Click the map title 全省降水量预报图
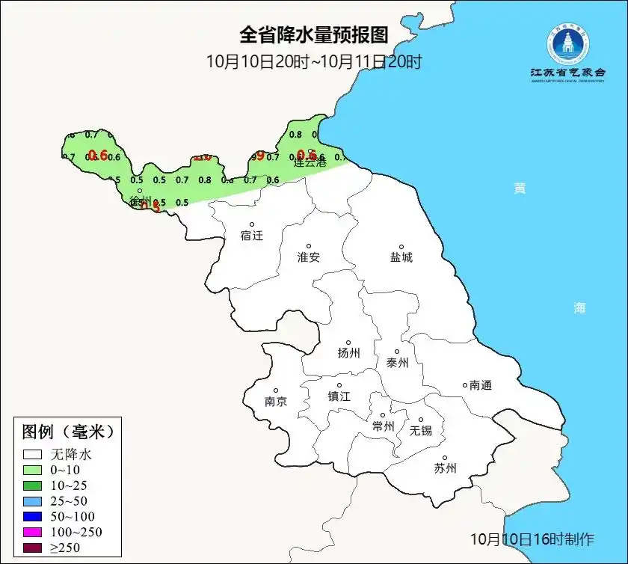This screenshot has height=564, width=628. coord(314,35)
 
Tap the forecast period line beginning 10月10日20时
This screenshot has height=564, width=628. coord(314,61)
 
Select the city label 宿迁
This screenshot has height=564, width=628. coord(252,236)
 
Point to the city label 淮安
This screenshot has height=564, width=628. coord(308,257)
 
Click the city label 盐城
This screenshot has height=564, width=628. coord(401,257)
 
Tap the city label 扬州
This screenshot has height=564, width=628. coord(349,353)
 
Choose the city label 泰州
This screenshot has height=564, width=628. coord(397,363)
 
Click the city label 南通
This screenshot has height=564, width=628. coord(481,385)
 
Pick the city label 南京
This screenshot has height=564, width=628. coord(275,402)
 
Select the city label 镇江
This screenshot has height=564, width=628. coord(339,396)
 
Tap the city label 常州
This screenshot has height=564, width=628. coord(383,426)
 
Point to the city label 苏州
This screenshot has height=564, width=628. coord(445,469)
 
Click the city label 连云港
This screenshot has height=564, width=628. coord(310,162)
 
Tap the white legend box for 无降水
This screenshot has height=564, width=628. coord(32,454)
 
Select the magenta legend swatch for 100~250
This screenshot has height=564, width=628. coord(32,532)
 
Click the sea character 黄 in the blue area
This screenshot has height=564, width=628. coord(519,188)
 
